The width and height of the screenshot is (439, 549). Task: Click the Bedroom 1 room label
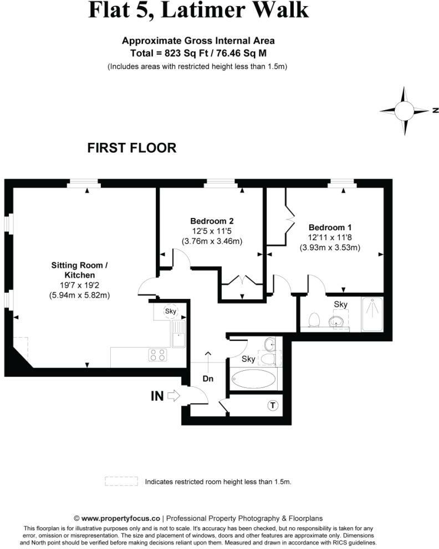point(330,227)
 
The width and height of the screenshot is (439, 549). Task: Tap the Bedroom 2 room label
point(212,221)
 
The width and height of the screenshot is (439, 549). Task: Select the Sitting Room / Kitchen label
point(80,270)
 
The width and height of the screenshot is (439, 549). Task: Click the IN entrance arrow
point(173,396)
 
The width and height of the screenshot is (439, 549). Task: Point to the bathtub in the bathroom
point(254,379)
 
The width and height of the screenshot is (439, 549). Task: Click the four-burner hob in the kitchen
point(158,355)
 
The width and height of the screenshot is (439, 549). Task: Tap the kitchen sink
point(178,334)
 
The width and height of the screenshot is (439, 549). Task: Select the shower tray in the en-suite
point(372,314)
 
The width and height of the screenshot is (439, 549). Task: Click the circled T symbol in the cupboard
point(273,406)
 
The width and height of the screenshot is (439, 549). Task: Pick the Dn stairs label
point(208,379)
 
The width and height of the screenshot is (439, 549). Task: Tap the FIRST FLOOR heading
point(132,148)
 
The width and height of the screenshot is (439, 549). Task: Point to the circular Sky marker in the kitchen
point(171,311)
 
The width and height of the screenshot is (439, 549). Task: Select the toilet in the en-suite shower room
point(314,319)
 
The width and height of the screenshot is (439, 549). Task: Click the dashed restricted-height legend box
point(121,481)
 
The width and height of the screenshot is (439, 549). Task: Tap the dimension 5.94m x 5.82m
point(80,295)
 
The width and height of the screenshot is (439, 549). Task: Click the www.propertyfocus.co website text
point(121,518)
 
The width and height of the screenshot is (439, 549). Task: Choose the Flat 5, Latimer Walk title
point(198,10)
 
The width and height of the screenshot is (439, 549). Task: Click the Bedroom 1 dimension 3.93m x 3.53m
point(330,247)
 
